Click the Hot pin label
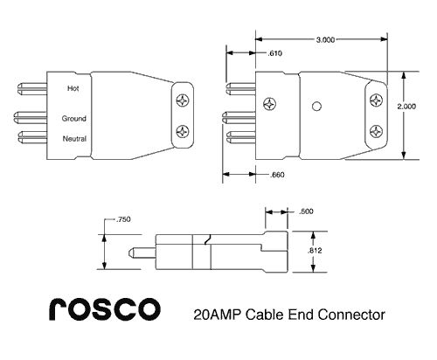coord(73,88)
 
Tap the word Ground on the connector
coord(73,118)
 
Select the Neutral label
coord(73,139)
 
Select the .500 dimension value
coord(307,211)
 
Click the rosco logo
coord(102,308)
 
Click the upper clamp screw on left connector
coord(183,99)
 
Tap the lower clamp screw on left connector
coord(183,132)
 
